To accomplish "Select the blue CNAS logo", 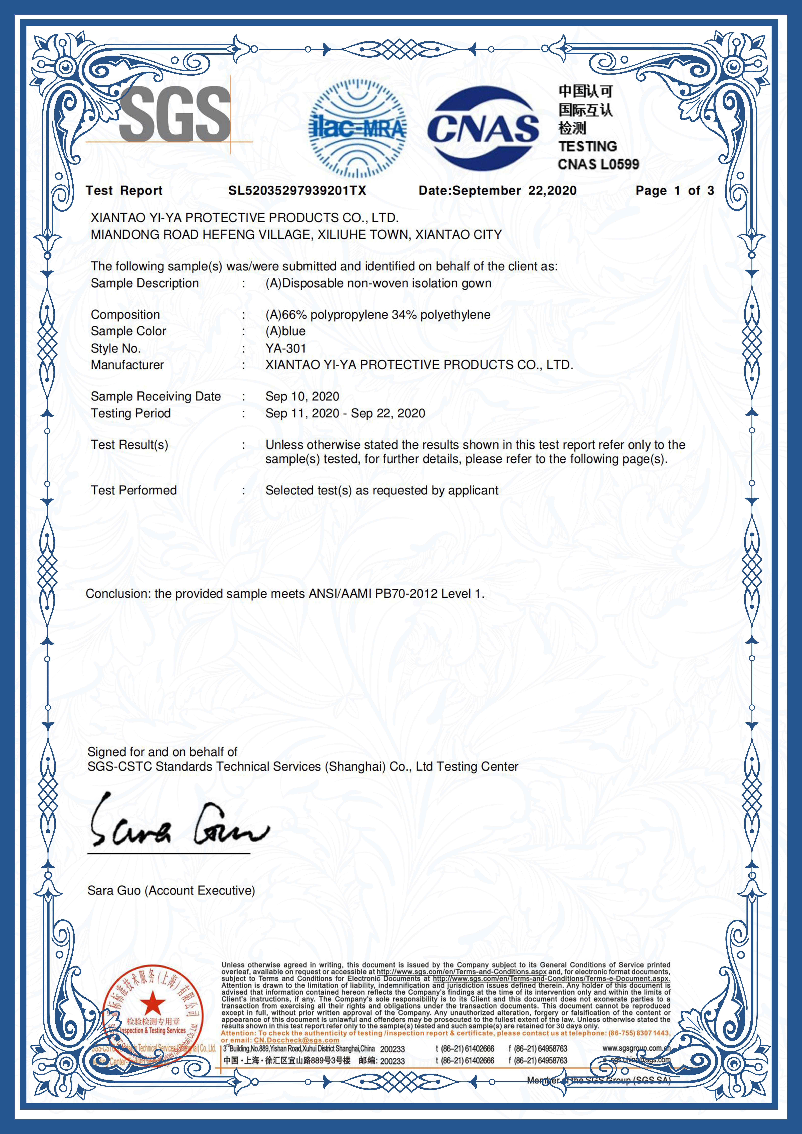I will pos(483,128).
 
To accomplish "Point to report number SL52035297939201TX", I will pos(297,191).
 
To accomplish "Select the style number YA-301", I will pos(286,348).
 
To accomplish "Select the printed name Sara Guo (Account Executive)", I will pos(171,891).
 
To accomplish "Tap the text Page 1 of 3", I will pos(675,191).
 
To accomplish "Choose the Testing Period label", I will pos(130,413).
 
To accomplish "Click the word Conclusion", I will pos(117,594).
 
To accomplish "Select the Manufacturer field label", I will pos(127,365).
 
